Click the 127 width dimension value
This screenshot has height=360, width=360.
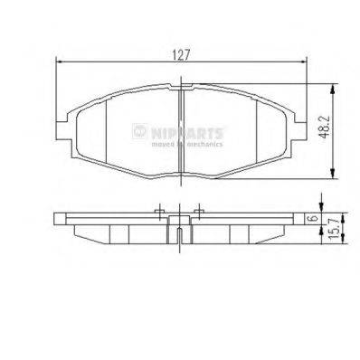point(184,52)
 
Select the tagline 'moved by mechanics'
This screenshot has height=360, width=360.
point(185,143)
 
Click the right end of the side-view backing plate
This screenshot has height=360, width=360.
point(308,220)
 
